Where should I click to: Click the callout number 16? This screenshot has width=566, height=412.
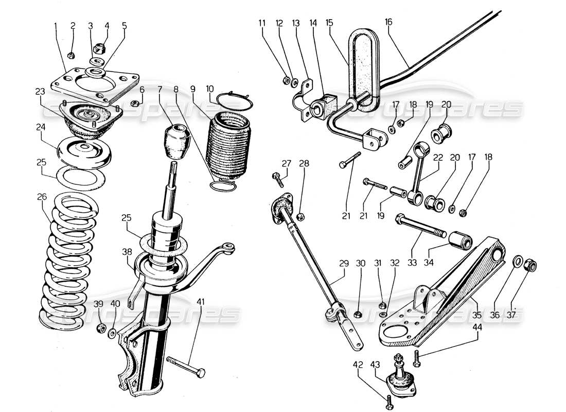coord(388,22)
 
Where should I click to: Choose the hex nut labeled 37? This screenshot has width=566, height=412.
coord(529,266)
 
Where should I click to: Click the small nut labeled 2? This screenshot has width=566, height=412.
coord(73,55)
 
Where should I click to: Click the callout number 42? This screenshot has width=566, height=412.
coord(359,365)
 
